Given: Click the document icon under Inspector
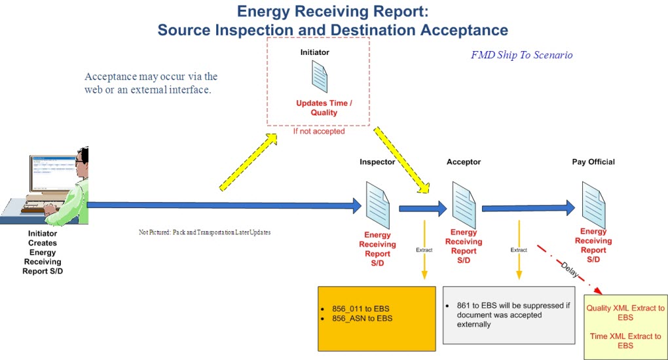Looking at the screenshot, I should tap(378, 205).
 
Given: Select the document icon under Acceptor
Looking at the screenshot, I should tap(464, 204).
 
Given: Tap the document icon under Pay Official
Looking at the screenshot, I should tap(593, 204).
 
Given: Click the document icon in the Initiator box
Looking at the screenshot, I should tap(319, 77).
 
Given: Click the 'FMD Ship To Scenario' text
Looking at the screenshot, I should tap(521, 55).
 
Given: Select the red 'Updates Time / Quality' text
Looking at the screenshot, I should tap(324, 108).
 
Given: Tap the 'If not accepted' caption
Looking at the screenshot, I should tap(318, 132).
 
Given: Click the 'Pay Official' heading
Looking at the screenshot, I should tap(593, 162).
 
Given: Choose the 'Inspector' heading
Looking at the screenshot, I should tap(377, 162).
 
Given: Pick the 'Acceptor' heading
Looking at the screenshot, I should tap(463, 162).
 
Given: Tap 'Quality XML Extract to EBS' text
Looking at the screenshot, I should tap(625, 312).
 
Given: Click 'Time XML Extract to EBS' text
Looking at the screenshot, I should tap(625, 340).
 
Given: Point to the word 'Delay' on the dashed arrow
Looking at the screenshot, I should tap(568, 270).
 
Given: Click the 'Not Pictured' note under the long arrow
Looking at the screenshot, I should tap(204, 232).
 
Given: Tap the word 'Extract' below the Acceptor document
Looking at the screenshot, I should tap(519, 250).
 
